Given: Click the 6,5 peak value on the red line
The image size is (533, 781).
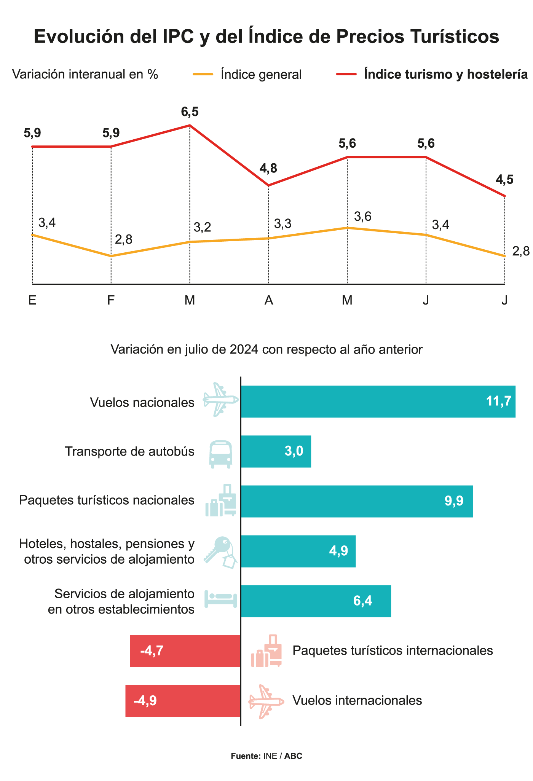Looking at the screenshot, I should (190, 112).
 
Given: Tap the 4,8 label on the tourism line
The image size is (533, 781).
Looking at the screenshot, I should (268, 168).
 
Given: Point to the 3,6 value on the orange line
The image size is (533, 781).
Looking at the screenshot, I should (362, 216).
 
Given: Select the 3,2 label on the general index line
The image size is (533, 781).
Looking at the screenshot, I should (202, 227).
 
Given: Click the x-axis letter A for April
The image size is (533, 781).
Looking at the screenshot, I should (268, 300).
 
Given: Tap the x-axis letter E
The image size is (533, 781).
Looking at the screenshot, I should (32, 300).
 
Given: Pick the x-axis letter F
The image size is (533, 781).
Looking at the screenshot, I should (111, 300).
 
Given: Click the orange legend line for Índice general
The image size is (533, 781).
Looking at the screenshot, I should (203, 74).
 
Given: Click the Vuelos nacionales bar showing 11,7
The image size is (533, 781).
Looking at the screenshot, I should (378, 402).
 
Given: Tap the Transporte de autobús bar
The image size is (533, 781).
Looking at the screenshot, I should (276, 451).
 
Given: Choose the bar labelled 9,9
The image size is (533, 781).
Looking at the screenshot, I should (357, 501).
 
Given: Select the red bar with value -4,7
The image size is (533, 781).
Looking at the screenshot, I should (185, 651).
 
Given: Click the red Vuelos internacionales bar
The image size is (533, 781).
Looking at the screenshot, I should (183, 701).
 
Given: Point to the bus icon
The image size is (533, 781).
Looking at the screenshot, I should (221, 454).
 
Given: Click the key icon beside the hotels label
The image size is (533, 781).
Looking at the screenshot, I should (220, 552).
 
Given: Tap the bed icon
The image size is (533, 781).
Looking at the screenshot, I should (221, 599).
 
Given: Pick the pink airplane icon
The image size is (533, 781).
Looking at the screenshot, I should (266, 701).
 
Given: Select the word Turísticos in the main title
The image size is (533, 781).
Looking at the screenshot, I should (455, 37).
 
